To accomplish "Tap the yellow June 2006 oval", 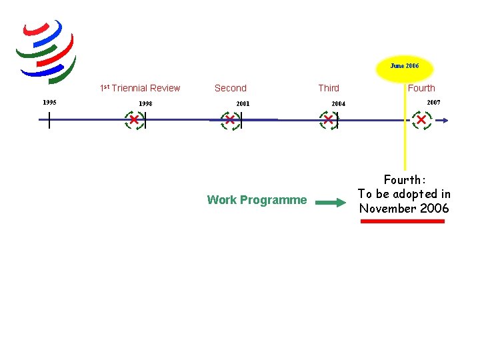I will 405,67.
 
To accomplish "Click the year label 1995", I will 49,103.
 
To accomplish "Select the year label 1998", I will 145,104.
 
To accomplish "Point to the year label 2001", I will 243,104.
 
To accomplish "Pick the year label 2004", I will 339,104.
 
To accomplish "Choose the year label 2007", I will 433,103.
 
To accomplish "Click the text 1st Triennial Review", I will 140,88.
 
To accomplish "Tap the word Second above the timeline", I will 231,88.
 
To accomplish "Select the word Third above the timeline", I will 329,88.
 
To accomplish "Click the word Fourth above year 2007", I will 421,88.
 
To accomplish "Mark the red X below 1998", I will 134,120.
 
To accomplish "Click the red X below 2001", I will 230,120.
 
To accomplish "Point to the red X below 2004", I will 328,120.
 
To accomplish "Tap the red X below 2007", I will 421,120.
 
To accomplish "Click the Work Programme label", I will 257,200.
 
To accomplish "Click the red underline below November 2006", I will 402,221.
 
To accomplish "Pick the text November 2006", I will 405,208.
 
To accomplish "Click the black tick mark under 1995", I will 49,120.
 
